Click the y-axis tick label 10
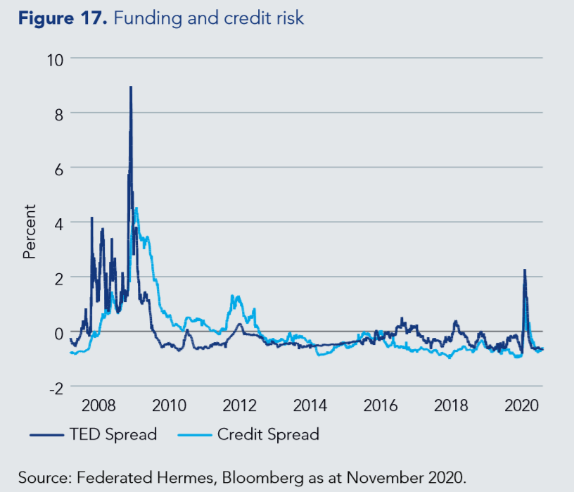pyautogui.click(x=54, y=58)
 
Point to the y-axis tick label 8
pyautogui.click(x=58, y=113)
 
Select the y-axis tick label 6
pyautogui.click(x=58, y=168)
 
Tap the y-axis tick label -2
pyautogui.click(x=55, y=386)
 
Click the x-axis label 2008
pyautogui.click(x=98, y=406)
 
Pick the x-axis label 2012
pyautogui.click(x=239, y=406)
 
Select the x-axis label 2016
pyautogui.click(x=381, y=406)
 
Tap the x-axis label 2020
pyautogui.click(x=522, y=406)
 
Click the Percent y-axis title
pyautogui.click(x=29, y=232)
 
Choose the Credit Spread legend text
pyautogui.click(x=268, y=434)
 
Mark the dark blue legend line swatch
pyautogui.click(x=47, y=434)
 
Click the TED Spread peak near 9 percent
pyautogui.click(x=131, y=87)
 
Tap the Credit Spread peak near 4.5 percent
pyautogui.click(x=136, y=208)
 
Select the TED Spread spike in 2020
pyautogui.click(x=524, y=270)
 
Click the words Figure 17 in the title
pyautogui.click(x=63, y=18)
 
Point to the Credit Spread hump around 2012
pyautogui.click(x=237, y=298)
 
